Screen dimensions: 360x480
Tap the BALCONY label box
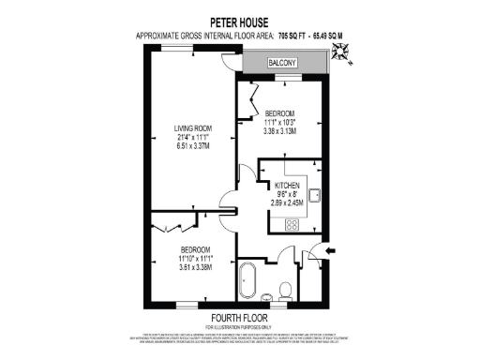pyautogui.click(x=284, y=62)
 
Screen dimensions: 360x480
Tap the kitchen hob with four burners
pyautogui.click(x=291, y=224)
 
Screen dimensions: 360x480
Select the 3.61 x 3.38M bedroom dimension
pyautogui.click(x=196, y=267)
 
